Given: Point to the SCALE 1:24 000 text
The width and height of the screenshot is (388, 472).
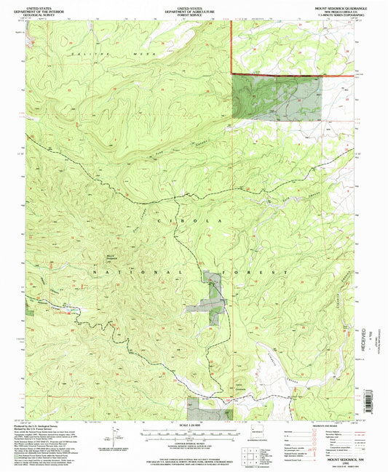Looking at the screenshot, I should coord(192,425).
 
